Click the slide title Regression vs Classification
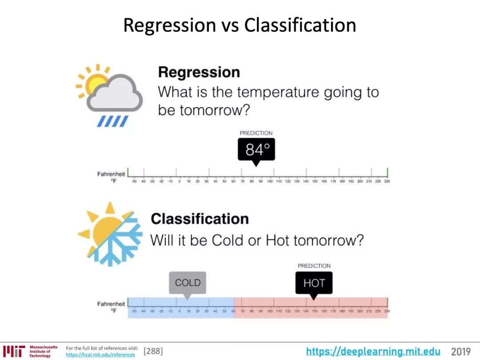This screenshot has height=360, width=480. pos(240,25)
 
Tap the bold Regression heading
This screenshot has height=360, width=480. pos(199,72)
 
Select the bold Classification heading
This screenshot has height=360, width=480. pos(200,219)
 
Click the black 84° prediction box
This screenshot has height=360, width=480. pos(256,150)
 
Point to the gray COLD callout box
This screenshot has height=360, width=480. pos(188,283)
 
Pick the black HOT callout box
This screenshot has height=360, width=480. pos(314,283)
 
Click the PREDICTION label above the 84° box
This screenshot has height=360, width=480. pos(256,133)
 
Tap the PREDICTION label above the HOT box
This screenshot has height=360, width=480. pos(314,266)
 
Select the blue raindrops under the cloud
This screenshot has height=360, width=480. pos(113,121)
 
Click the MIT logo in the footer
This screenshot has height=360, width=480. pos(13,351)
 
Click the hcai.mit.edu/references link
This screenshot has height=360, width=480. pos(100,355)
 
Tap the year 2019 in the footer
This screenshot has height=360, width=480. pos(460,352)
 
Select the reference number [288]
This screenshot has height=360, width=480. pos(153,352)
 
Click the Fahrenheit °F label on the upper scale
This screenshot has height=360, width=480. pos(111,177)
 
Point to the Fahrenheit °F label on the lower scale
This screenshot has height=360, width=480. pos(111,307)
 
